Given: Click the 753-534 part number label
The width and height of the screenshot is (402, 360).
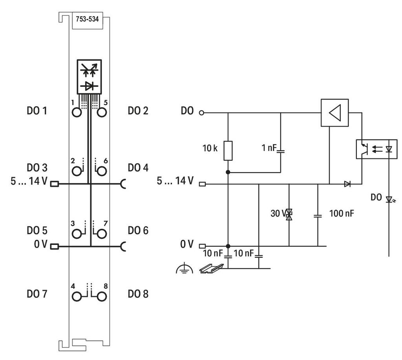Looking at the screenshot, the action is click(87, 19).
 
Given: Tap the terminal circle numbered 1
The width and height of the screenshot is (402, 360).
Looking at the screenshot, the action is click(77, 112).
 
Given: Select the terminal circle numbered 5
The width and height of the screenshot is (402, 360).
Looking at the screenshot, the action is click(102, 112).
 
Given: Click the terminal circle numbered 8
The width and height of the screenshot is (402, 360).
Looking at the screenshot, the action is click(102, 297).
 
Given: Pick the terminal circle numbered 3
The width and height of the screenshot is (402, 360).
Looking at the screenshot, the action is click(77, 234).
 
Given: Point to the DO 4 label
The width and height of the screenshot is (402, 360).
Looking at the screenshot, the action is click(138, 168).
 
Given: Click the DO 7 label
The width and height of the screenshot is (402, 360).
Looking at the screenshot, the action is click(37, 294).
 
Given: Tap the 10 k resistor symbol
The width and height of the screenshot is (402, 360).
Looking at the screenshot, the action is click(228, 151).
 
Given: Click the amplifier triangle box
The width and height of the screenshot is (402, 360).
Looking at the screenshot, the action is click(334, 113).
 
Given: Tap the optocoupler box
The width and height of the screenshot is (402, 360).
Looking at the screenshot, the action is click(376, 149).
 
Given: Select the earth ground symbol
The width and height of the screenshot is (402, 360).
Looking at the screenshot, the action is click(185, 268).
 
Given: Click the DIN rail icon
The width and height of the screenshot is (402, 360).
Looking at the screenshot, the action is click(211, 268).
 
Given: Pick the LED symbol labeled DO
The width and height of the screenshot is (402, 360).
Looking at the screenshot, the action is click(389, 199).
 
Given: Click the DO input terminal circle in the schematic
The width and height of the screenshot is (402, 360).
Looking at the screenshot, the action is click(201, 113).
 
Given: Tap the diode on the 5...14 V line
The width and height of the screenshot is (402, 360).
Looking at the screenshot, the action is click(347, 184).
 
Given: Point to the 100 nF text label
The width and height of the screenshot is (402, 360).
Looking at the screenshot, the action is click(342, 213).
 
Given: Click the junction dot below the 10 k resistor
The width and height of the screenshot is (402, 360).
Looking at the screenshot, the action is click(228, 172).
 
